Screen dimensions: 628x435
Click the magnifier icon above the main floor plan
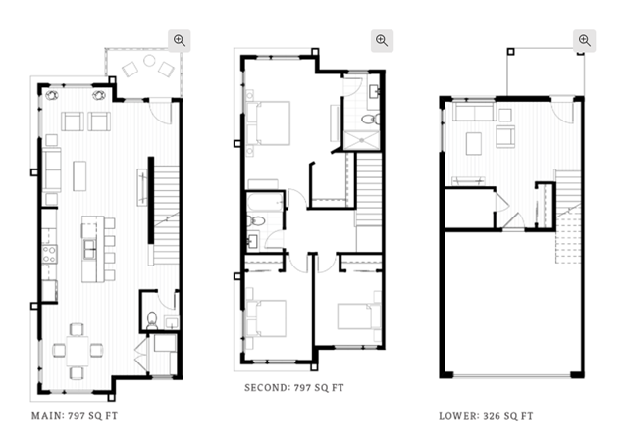tap(179, 41)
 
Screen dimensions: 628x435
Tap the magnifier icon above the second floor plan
tap(382, 41)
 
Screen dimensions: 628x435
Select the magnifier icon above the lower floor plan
tap(585, 41)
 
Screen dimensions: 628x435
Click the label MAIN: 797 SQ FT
tap(75, 416)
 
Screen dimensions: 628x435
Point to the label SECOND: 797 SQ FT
tap(294, 387)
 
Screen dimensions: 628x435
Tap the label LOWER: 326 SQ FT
tap(486, 416)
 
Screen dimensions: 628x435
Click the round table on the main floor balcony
tap(149, 61)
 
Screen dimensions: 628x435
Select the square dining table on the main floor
tap(78, 351)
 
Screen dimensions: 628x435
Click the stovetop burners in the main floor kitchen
tap(49, 255)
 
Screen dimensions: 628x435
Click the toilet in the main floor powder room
tap(152, 320)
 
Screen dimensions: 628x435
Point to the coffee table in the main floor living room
tap(79, 176)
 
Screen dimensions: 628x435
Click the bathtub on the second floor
tap(264, 202)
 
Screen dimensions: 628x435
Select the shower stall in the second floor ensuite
tap(361, 140)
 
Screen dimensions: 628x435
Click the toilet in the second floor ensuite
tap(371, 119)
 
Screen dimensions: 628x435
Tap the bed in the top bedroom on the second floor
tap(273, 123)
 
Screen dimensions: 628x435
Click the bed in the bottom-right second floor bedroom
tap(355, 316)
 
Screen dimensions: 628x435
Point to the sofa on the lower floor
tap(474, 112)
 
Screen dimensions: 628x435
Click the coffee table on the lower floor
tap(474, 144)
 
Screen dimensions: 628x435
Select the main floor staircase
tap(166, 215)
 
